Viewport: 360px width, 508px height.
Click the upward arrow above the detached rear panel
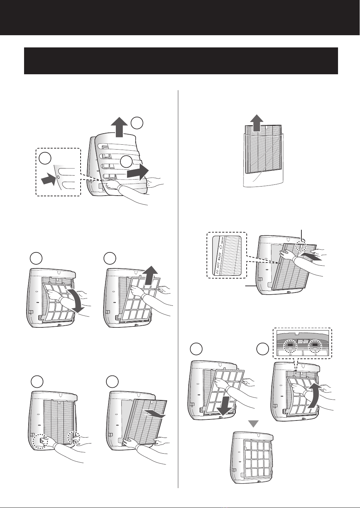tap(120, 128)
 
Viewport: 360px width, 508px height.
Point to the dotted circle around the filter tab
tap(301, 246)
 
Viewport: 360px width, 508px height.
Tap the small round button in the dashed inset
tap(58, 177)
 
